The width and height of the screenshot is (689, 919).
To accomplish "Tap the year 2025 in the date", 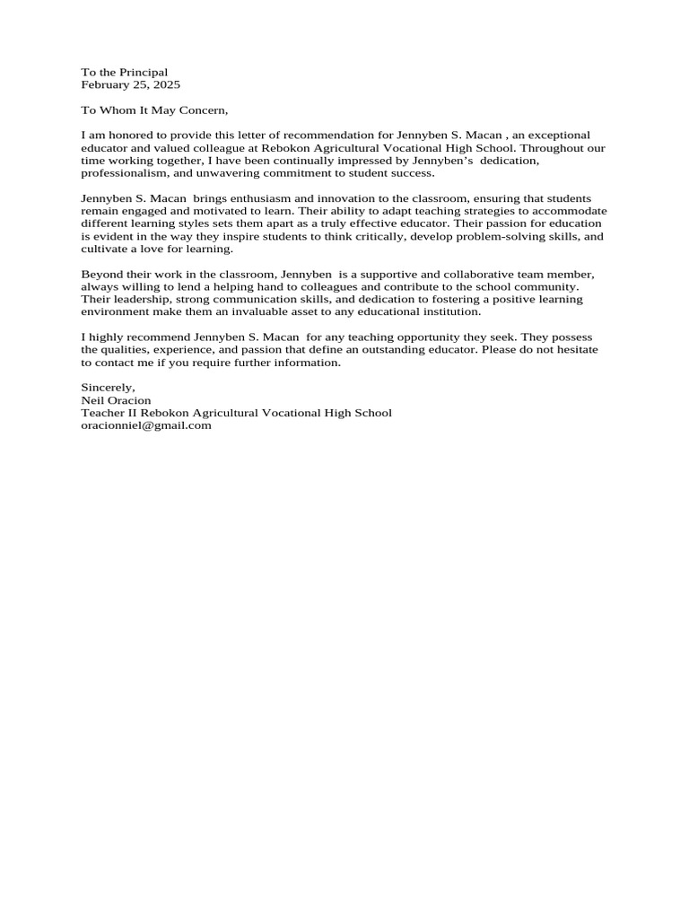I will pyautogui.click(x=166, y=84).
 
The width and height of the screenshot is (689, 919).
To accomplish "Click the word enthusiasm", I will pyautogui.click(x=258, y=197).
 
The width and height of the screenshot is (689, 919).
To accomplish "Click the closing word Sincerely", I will pyautogui.click(x=108, y=387).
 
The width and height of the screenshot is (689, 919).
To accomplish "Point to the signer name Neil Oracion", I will pyautogui.click(x=116, y=400).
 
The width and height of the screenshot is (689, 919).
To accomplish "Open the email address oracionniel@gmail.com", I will pyautogui.click(x=146, y=425).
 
